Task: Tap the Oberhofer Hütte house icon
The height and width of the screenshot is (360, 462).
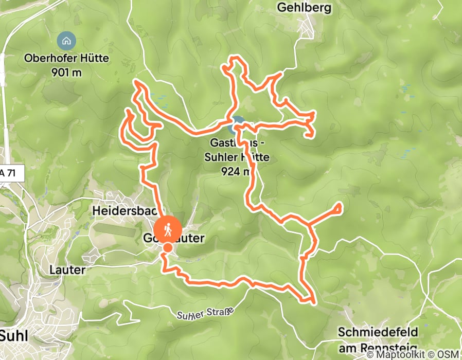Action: pyautogui.click(x=66, y=40)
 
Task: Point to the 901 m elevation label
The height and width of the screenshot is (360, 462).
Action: pyautogui.click(x=66, y=71)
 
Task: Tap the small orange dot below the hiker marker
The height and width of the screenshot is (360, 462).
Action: pyautogui.click(x=168, y=248)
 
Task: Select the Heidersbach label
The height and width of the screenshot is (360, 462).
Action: pyautogui.click(x=123, y=211)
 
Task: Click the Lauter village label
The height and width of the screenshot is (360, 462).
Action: pyautogui.click(x=66, y=269)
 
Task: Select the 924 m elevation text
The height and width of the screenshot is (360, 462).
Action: pyautogui.click(x=235, y=171)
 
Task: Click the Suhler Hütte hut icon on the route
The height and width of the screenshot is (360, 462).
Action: pyautogui.click(x=237, y=123)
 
